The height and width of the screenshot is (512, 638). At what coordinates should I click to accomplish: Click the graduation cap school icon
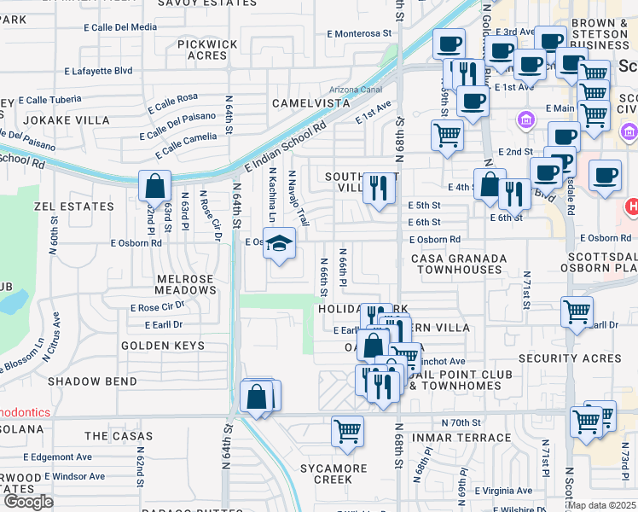pos(279,244)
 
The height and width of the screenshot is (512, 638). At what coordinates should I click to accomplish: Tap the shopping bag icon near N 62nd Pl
pos(155,186)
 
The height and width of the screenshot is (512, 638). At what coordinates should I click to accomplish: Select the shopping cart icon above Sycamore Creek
pos(347,432)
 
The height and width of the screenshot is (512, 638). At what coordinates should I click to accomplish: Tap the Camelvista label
pos(311,102)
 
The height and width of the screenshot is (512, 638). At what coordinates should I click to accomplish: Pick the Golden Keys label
pos(163,346)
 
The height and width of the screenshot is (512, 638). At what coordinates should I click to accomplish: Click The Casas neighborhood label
pos(119,436)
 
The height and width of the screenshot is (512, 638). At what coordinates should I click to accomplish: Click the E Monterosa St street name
pos(362,33)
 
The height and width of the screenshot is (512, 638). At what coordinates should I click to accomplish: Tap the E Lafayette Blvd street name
pos(98,71)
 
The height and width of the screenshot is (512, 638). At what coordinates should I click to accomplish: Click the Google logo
pos(28,502)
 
